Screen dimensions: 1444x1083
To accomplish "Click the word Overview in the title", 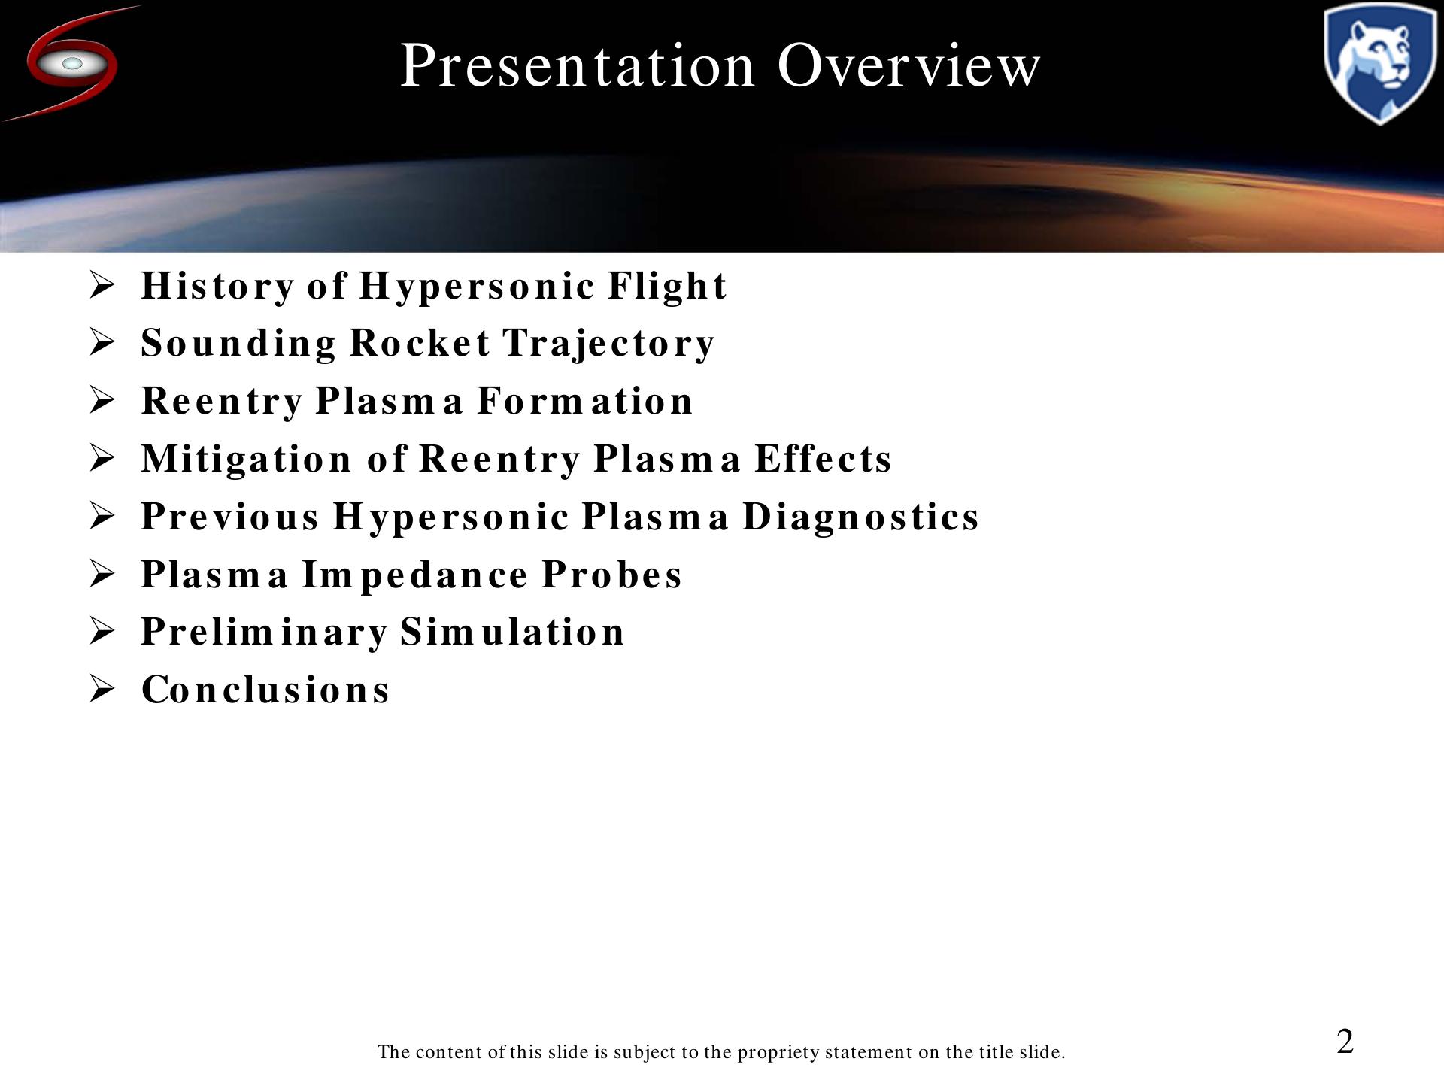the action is click(x=909, y=65).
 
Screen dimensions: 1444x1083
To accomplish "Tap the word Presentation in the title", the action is click(x=577, y=65).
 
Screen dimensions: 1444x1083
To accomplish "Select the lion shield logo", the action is click(x=1379, y=63).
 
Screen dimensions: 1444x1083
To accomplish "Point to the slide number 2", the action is click(x=1345, y=1042).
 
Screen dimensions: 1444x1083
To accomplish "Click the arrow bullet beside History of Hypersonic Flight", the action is click(x=102, y=285).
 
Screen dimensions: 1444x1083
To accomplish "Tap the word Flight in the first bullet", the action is click(x=667, y=287).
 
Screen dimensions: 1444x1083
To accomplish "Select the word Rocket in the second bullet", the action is click(x=420, y=343).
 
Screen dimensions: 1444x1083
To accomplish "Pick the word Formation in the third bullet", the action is click(x=584, y=401).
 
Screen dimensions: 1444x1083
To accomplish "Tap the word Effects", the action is click(x=823, y=459).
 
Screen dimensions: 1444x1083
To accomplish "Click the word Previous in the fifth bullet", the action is click(x=230, y=517).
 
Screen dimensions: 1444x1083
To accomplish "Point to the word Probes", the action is click(x=611, y=575).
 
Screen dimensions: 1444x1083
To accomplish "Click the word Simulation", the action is click(x=511, y=632).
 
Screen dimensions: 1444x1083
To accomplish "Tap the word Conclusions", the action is click(x=265, y=690).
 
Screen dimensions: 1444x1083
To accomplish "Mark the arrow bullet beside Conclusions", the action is click(x=102, y=689).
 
